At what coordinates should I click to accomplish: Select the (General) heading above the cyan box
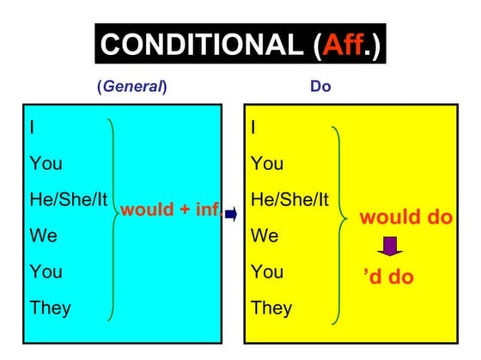tap(132, 87)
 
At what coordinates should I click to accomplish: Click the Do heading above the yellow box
tap(320, 87)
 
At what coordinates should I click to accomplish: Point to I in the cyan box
tap(32, 127)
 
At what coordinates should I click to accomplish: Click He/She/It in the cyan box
tap(68, 199)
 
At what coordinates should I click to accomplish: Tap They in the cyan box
tap(51, 307)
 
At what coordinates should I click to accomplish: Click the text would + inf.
tap(171, 210)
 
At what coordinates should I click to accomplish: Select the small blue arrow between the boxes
tap(232, 215)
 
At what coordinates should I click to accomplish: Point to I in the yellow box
tap(253, 127)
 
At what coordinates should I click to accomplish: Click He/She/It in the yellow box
tap(289, 199)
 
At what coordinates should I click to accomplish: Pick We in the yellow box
tap(265, 235)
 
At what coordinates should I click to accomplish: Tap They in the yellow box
tap(272, 307)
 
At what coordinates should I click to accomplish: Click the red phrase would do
tap(405, 217)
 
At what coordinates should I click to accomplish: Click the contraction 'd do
tap(388, 277)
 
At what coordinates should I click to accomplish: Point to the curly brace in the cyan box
tap(113, 215)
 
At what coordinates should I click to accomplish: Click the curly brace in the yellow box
tap(337, 215)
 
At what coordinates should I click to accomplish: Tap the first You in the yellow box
tap(268, 163)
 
